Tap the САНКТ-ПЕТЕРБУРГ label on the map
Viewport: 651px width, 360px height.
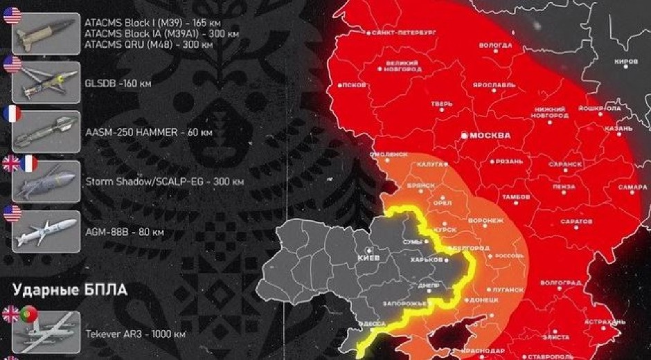[x=404, y=33]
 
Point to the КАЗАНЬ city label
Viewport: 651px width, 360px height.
[x=617, y=129]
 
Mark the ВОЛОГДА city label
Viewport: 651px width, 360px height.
[x=495, y=44]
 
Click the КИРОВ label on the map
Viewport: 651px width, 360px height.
[x=626, y=61]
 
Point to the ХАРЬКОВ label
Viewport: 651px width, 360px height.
[x=426, y=259]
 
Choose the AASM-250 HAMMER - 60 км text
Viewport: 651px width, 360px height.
[x=148, y=132]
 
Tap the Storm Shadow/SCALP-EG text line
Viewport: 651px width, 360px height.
[x=164, y=182]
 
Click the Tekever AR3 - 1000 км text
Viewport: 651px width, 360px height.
[x=135, y=334]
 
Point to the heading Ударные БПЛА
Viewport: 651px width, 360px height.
[x=65, y=290]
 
